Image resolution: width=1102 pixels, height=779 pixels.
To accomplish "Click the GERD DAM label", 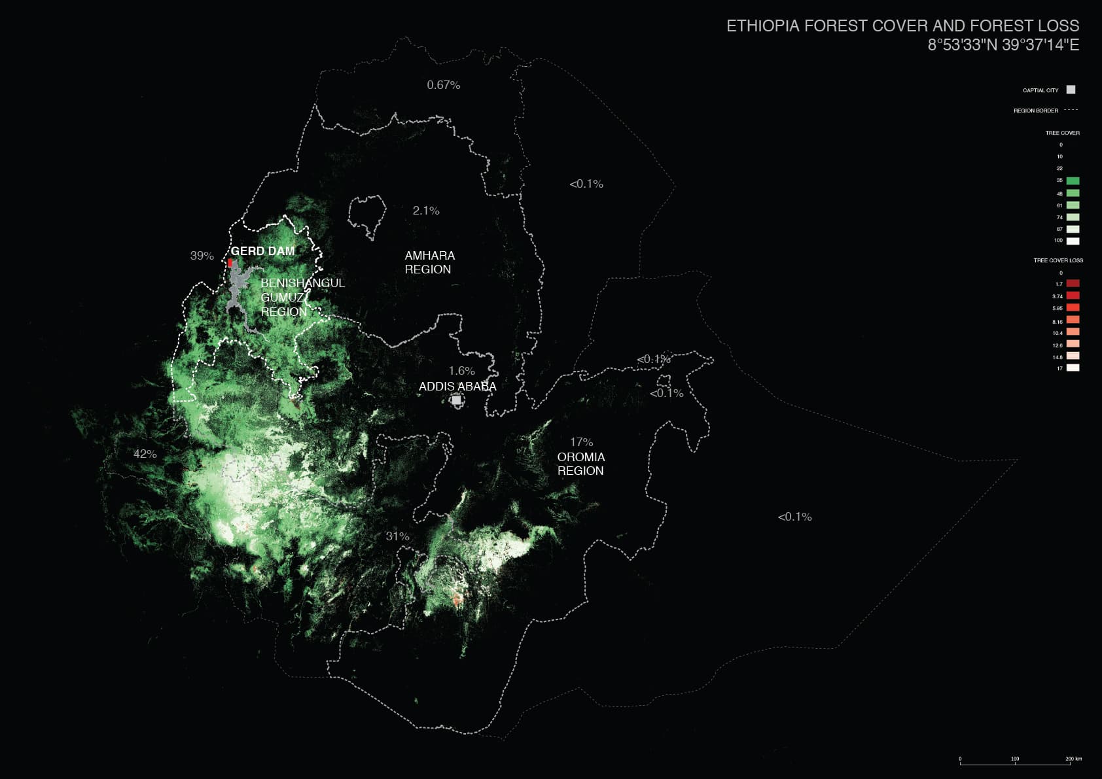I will (x=262, y=251).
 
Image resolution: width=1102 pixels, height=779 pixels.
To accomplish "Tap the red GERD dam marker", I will (x=230, y=262).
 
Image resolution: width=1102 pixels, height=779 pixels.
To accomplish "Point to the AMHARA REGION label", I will (x=429, y=262).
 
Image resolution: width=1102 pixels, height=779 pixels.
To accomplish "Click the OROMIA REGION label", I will (x=580, y=464).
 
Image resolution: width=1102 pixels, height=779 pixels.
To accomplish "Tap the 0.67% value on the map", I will (x=443, y=85).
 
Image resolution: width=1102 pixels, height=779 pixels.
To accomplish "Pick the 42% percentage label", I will (x=145, y=454).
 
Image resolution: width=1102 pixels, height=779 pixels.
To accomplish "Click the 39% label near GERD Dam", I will (x=202, y=256).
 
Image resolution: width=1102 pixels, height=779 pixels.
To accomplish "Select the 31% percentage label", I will (x=397, y=536).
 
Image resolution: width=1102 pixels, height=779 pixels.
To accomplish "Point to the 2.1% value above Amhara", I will (x=425, y=211).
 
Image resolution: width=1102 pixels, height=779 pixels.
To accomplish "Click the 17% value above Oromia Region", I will (x=581, y=442).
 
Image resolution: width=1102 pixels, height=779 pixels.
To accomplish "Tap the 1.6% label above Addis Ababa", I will (x=461, y=371).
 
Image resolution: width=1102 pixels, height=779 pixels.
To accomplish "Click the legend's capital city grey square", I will (x=1071, y=90).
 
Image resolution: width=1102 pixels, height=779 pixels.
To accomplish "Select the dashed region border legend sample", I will (x=1071, y=110).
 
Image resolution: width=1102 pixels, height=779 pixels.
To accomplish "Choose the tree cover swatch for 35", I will (x=1073, y=181).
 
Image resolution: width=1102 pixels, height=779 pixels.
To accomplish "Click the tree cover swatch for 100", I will (x=1073, y=241).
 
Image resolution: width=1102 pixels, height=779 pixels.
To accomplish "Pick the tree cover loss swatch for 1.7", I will (x=1073, y=283).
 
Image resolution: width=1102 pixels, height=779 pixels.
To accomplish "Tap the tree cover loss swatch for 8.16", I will (x=1073, y=320).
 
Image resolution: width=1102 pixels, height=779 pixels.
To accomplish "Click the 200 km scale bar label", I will (x=1073, y=759).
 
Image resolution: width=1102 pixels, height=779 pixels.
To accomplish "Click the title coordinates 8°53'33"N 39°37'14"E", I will (x=1003, y=45).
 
